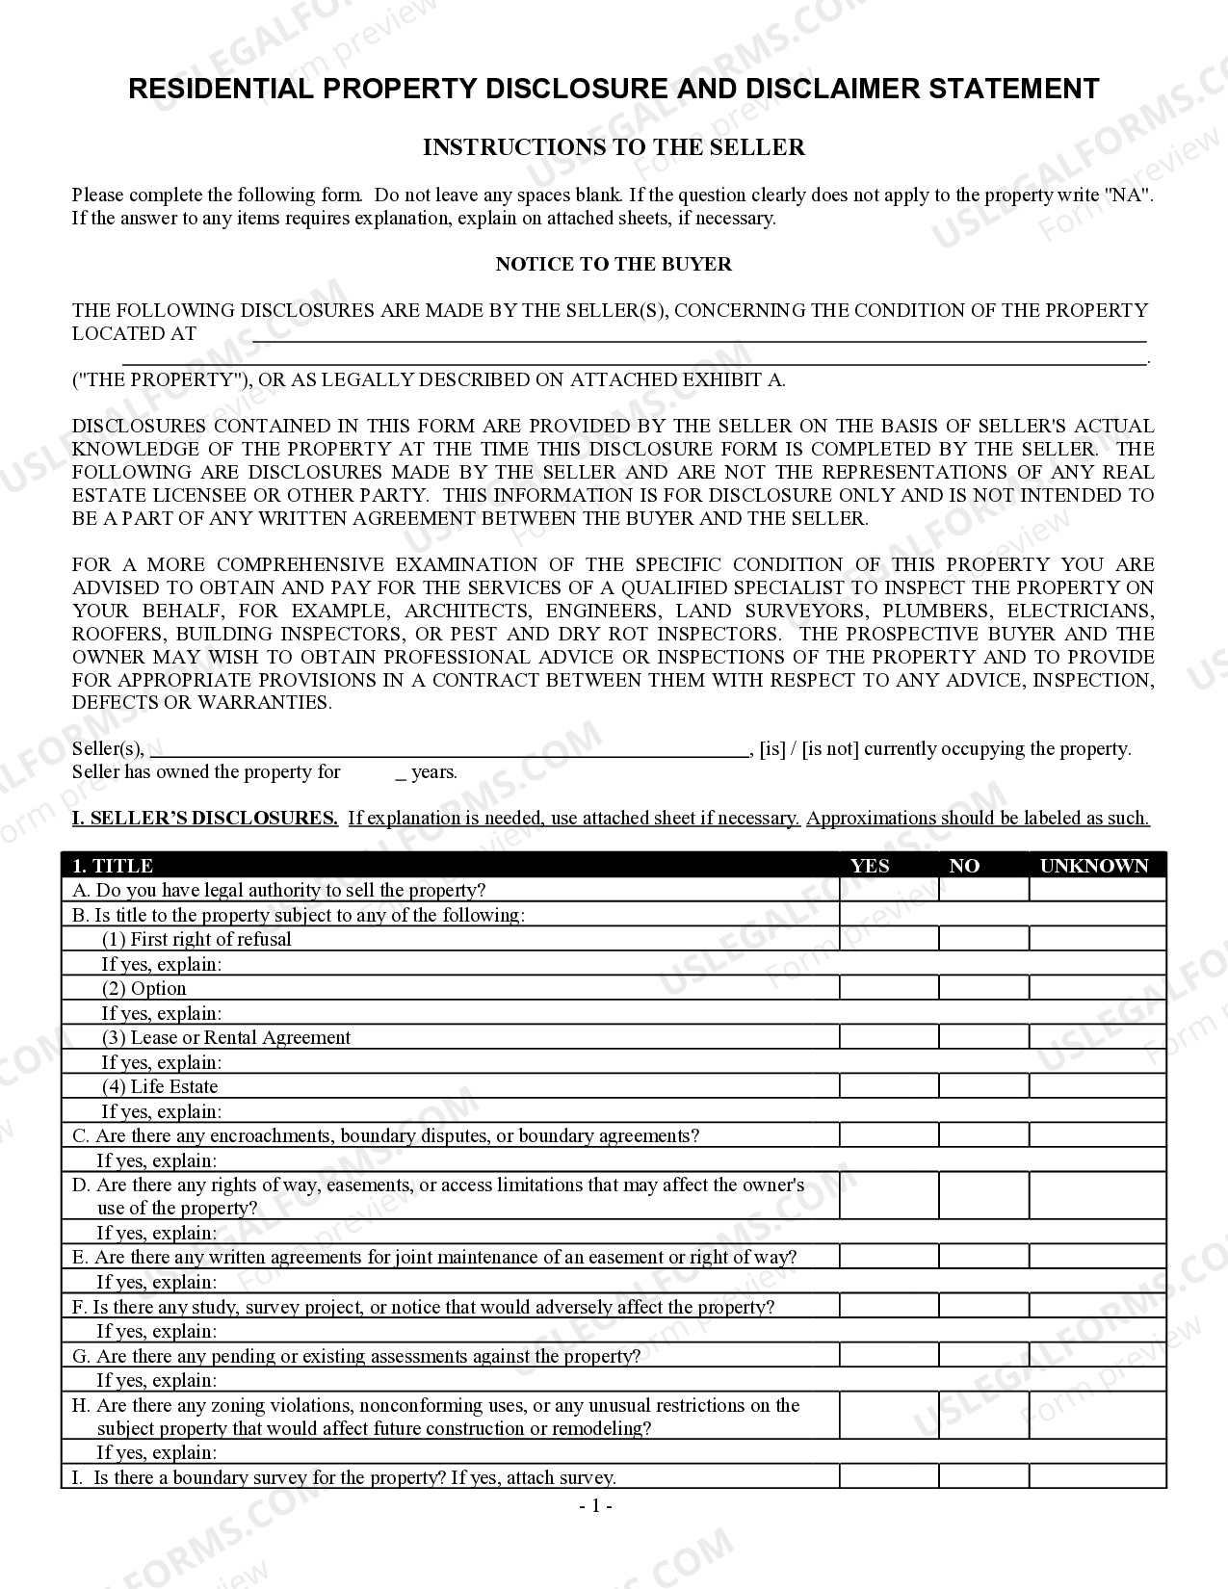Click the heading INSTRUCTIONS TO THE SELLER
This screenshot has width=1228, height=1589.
point(614,147)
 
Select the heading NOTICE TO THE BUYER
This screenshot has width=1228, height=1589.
point(614,264)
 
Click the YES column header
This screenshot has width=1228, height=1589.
point(870,866)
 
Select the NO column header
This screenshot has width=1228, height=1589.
point(964,866)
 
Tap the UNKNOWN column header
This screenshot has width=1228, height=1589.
point(1094,866)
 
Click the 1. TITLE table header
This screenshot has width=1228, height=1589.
point(114,866)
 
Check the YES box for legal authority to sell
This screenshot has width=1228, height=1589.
point(888,890)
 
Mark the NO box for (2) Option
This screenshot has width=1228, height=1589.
point(983,988)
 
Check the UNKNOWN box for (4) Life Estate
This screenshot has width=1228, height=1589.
point(1097,1086)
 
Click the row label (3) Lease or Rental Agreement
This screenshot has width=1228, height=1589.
point(226,1037)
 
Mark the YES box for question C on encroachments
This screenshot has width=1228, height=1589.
point(888,1135)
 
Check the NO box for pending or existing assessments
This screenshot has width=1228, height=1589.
point(983,1356)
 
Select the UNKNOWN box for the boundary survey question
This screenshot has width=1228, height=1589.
point(1097,1476)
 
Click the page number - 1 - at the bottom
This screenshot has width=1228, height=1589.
point(595,1505)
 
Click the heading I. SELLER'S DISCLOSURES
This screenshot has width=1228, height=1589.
point(205,819)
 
